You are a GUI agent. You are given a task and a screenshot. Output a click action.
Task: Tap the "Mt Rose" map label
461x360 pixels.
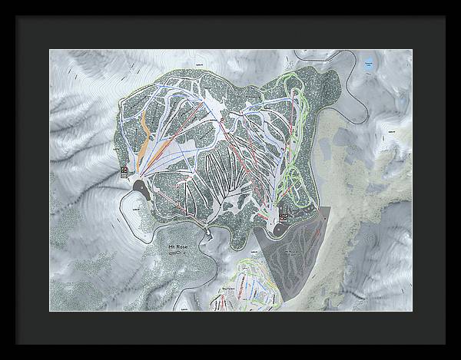(x=177, y=246)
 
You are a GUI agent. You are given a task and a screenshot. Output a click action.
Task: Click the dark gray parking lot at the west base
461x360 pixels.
(x=142, y=187)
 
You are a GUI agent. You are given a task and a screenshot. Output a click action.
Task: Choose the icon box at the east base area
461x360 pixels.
(x=284, y=217)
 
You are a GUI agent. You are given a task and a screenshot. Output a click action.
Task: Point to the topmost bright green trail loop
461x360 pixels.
(x=293, y=84)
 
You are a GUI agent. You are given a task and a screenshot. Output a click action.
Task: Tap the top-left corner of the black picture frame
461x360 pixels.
(x=2, y=2)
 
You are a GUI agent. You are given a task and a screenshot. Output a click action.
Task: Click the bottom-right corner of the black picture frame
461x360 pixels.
(x=458, y=357)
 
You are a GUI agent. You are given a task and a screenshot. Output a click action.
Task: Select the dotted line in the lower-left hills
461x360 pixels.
(x=85, y=253)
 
